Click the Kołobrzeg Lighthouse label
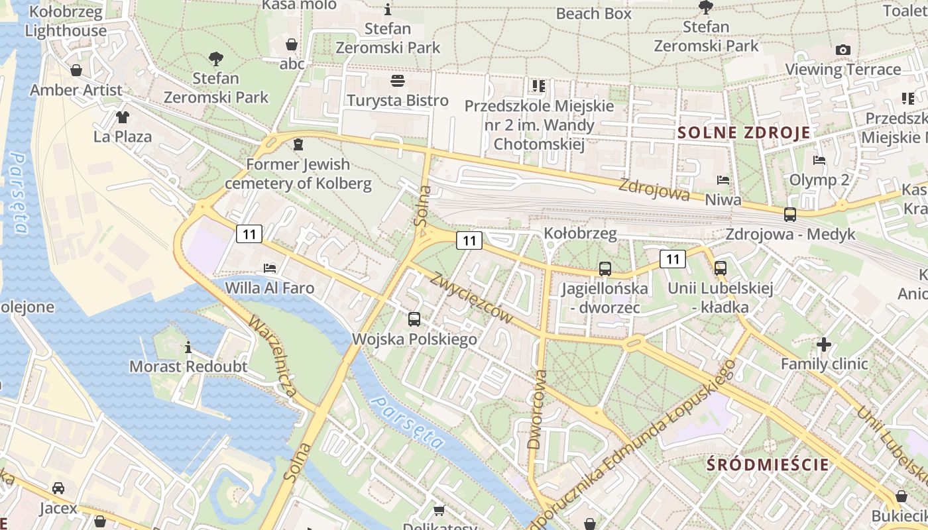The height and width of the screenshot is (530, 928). tap(66, 21)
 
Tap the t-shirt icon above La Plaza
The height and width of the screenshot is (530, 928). tap(122, 117)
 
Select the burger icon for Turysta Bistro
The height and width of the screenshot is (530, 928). tap(398, 81)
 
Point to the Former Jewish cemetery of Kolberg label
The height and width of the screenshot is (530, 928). tap(298, 174)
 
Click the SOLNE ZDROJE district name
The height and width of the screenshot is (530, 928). tap(744, 132)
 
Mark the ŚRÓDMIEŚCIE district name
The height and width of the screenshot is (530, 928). tap(768, 464)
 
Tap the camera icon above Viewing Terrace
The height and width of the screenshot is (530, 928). tap(842, 50)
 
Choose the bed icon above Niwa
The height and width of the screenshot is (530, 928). tap(723, 180)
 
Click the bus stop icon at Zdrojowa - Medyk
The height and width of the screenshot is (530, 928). tap(789, 214)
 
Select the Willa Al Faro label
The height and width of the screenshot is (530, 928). tap(270, 288)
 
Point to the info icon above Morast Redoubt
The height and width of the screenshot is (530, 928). tap(188, 347)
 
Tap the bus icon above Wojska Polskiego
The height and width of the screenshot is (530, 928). tap(414, 319)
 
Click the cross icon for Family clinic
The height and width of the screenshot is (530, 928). tap(824, 344)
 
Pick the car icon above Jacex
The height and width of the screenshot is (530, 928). tap(58, 488)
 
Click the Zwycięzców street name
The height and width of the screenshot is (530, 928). tap(472, 298)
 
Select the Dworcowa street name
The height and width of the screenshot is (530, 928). tap(538, 409)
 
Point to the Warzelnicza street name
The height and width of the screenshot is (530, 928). tap(273, 356)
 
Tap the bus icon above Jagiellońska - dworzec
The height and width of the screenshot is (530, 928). tap(605, 269)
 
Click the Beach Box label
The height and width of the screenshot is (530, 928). tap(593, 13)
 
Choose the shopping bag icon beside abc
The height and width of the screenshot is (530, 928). tap(291, 45)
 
